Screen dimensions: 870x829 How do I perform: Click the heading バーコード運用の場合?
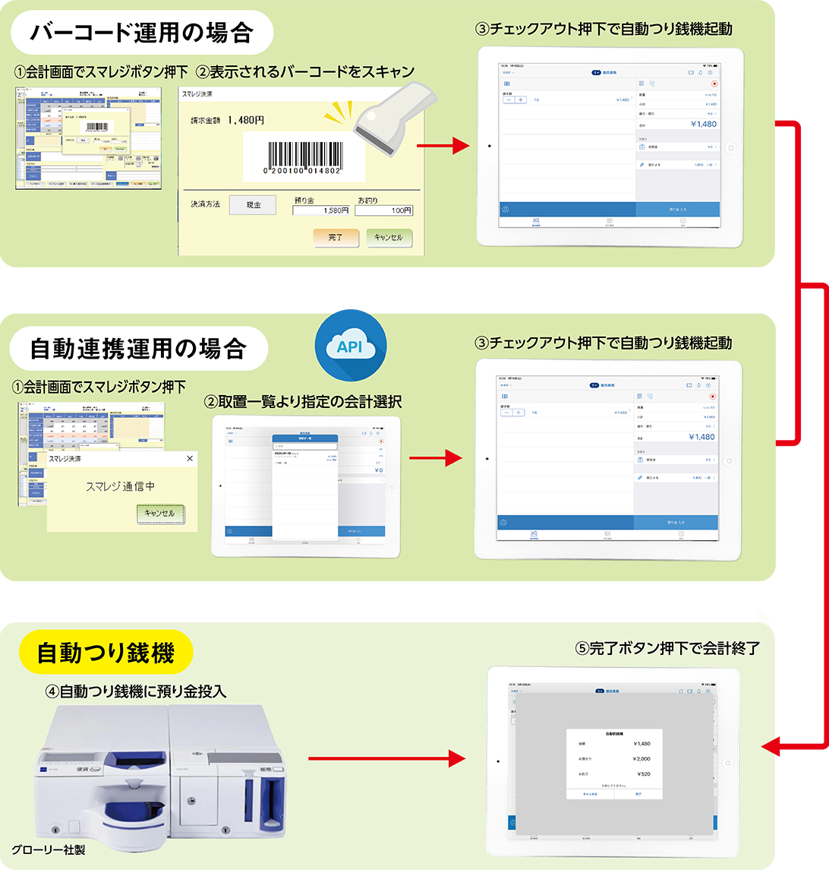coord(142,34)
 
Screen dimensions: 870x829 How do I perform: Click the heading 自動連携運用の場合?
coord(138,349)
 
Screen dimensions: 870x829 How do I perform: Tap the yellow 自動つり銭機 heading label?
coord(106,652)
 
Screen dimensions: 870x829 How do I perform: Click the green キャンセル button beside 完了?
coord(389,238)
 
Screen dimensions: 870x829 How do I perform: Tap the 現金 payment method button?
coord(252,205)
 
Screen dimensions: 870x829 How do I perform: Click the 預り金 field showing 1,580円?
coord(321,210)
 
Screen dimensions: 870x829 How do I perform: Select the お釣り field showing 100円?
coord(384,210)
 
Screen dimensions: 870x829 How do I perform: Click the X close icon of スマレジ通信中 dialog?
coord(190,458)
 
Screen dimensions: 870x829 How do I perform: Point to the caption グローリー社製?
coord(49,849)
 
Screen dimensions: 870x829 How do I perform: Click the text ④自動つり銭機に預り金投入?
coord(136,691)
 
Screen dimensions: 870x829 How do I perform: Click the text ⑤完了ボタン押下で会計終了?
coord(667,648)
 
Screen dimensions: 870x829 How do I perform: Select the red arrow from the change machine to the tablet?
coord(386,758)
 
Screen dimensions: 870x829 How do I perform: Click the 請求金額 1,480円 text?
coord(227,120)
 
